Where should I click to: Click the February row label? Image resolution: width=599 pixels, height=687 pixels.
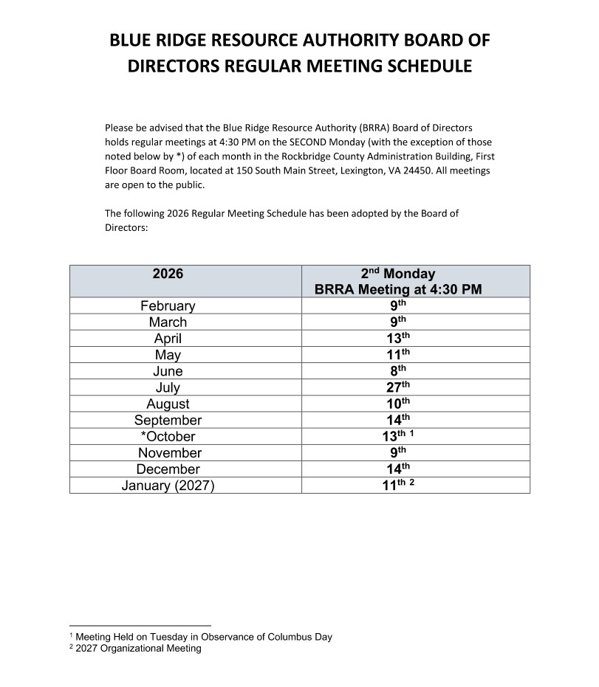click(x=168, y=306)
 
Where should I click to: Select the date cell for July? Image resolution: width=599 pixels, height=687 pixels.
click(x=399, y=387)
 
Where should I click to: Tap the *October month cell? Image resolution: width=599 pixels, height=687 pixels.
click(x=168, y=436)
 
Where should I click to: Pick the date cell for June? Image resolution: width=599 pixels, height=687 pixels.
click(x=399, y=371)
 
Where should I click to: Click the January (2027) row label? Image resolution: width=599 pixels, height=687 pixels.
click(x=168, y=486)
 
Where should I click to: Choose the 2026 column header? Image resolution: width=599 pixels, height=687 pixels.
click(x=168, y=275)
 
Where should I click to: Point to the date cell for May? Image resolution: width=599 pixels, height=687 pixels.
click(x=399, y=355)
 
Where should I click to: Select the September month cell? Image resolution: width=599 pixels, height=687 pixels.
click(x=168, y=420)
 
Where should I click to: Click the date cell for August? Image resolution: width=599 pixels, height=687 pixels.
click(x=399, y=404)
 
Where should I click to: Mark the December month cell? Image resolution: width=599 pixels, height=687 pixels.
click(x=168, y=469)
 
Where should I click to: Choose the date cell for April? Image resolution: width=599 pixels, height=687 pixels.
click(x=399, y=339)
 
